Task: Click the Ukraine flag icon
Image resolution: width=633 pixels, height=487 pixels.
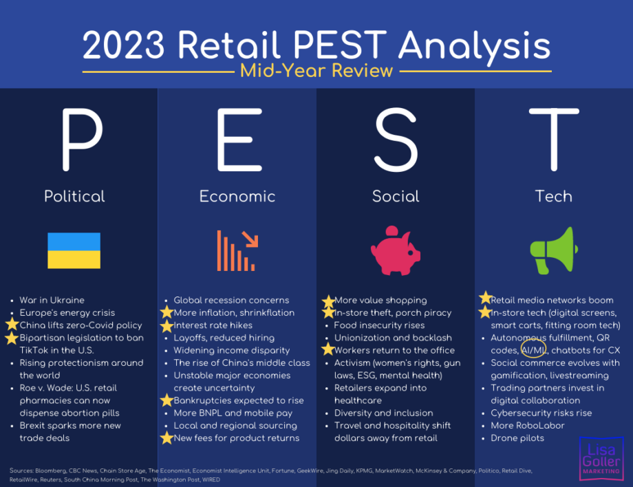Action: (74, 250)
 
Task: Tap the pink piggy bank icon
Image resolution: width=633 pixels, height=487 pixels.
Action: (396, 250)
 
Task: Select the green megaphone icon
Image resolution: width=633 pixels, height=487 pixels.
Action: (554, 250)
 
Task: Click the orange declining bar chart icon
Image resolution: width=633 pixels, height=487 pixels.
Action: (237, 250)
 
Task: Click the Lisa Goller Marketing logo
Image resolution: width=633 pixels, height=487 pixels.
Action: (601, 459)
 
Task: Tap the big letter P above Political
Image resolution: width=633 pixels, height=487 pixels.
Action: (83, 140)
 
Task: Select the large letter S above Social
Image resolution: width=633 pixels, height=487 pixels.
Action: (396, 140)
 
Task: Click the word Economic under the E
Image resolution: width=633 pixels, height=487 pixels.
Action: (237, 197)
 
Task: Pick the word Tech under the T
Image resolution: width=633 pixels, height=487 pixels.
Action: (554, 197)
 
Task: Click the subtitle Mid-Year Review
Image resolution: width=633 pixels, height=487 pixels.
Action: (316, 71)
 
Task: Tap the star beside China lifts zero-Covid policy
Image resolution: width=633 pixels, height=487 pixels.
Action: (12, 325)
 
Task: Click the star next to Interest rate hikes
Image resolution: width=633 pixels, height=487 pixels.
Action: (167, 325)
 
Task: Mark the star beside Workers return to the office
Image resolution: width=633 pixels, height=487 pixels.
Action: (328, 349)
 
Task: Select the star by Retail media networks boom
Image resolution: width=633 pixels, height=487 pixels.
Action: (485, 298)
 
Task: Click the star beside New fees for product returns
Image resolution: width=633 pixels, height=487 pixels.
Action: (167, 437)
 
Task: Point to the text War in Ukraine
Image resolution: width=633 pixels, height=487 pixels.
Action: (52, 300)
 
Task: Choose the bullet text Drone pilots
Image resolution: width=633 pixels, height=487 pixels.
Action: (517, 438)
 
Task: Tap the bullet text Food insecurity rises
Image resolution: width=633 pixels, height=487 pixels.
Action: (380, 325)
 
